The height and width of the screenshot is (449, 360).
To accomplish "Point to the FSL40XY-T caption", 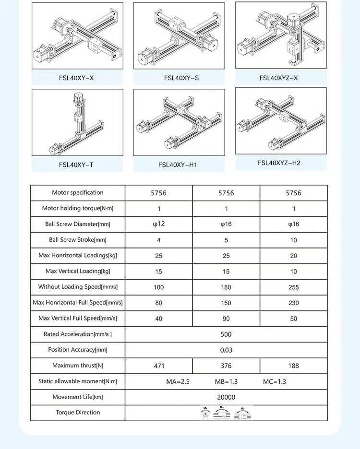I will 76,165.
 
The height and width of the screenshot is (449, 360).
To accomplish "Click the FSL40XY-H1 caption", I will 178,165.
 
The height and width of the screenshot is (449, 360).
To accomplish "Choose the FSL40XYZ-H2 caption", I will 279,163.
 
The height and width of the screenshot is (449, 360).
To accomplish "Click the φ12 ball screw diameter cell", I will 159,224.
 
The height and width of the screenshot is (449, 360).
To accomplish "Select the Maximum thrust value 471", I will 159,366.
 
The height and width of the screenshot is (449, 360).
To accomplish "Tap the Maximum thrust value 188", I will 294,366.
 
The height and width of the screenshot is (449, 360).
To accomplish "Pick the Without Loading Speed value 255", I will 294,287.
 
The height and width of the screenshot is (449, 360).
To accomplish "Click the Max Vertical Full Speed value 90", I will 226,319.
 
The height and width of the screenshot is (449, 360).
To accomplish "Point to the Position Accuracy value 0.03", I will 226,350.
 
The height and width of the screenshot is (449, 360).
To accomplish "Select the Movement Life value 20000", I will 226,397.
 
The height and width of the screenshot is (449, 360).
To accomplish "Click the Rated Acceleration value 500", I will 226,334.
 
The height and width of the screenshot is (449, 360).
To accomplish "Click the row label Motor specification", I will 78,193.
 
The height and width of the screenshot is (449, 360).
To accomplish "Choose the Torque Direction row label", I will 78,413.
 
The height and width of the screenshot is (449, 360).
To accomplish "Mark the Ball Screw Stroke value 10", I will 294,240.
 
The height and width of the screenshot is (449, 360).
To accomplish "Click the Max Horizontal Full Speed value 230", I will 294,303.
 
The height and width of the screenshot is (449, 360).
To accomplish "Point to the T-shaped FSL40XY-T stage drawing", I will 77,122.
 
